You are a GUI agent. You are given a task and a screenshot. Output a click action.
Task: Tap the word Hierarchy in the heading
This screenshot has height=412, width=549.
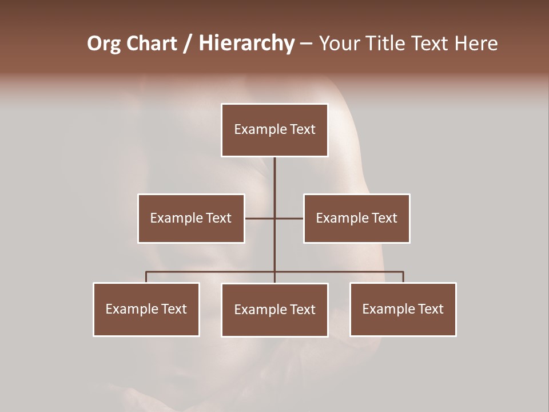246,43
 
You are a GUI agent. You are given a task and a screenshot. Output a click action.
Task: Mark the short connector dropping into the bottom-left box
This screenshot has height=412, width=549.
146,277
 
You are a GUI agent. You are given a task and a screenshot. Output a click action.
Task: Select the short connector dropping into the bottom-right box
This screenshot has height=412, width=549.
403,277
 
